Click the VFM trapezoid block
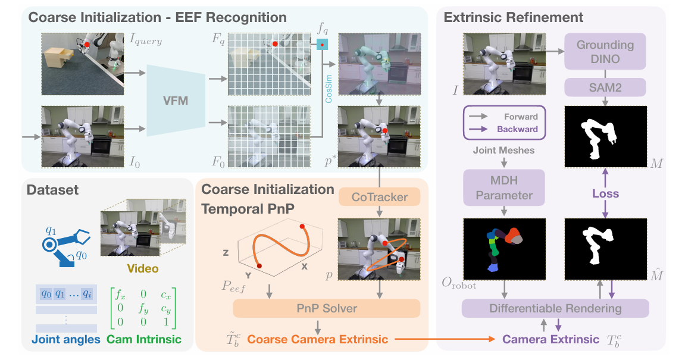point(176,101)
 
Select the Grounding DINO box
point(605,52)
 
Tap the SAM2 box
point(605,88)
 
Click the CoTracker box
point(379,197)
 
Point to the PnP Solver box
point(327,308)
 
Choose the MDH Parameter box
point(504,188)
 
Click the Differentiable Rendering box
point(555,308)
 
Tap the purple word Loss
point(605,193)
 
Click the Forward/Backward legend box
point(504,123)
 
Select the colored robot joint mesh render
point(504,249)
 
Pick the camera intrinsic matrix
point(143,308)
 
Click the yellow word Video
point(143,268)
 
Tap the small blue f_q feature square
point(322,44)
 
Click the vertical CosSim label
point(329,89)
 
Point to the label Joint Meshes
point(503,151)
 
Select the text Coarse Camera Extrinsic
point(318,339)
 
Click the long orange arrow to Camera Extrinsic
point(445,339)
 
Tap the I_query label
point(145,39)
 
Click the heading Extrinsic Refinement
point(514,17)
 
